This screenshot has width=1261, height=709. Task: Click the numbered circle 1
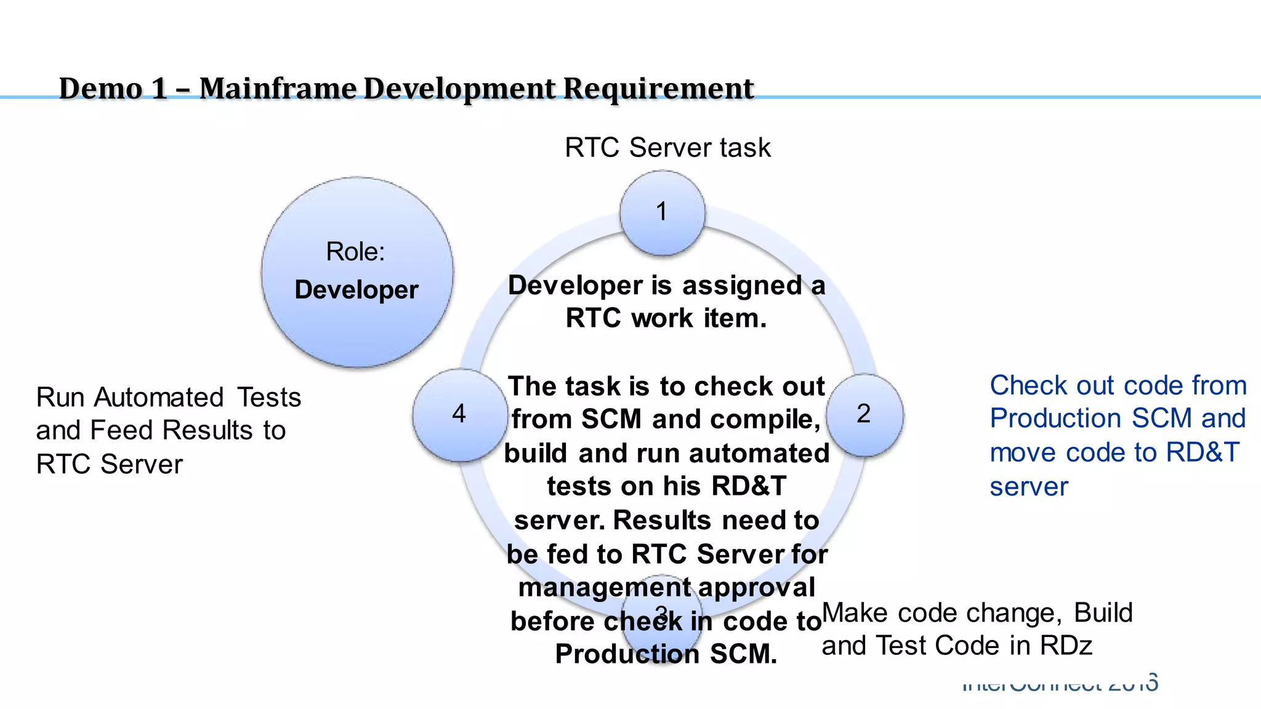662,212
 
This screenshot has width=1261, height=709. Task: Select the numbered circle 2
864,414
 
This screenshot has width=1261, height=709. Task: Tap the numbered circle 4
459,414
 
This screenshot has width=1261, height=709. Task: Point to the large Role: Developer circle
357,272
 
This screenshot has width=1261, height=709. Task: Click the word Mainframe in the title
278,89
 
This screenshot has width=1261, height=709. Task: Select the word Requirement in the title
658,89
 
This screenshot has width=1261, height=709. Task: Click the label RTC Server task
667,148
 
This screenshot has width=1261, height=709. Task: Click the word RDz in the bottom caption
1066,646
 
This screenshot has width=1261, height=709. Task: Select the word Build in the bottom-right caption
1103,613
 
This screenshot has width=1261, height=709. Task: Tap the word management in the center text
604,587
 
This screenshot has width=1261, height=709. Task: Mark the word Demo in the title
100,89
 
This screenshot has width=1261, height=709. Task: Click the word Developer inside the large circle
357,290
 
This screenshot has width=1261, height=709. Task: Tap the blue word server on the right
1029,487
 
